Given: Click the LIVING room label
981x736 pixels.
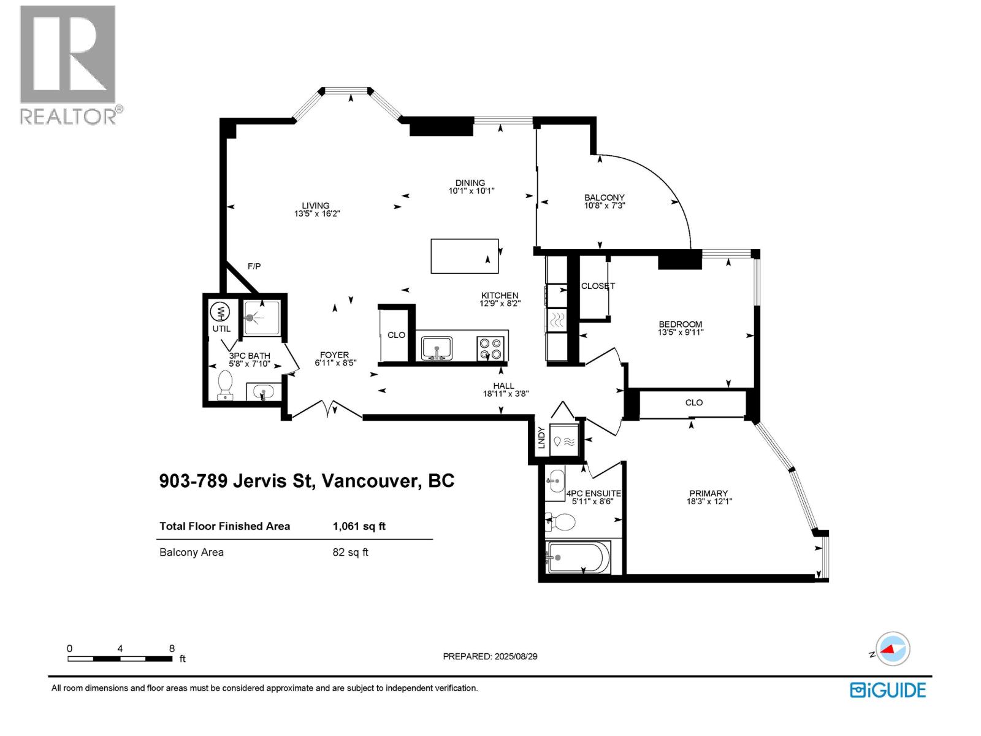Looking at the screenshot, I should [316, 205].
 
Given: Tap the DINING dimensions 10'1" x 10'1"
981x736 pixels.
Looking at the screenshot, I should [471, 191].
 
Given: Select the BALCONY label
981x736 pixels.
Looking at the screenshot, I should [604, 197].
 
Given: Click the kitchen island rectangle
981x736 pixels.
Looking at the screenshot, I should [464, 256].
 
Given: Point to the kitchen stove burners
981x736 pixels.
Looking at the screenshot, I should [491, 349].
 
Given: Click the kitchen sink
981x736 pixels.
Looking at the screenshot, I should [437, 348].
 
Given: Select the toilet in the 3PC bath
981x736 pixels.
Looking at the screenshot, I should [226, 385].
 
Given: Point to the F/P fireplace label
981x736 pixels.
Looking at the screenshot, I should [254, 266].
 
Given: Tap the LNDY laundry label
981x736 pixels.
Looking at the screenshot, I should [541, 437].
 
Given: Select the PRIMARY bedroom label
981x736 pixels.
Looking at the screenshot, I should [708, 493].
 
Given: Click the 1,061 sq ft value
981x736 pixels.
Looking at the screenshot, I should [359, 526].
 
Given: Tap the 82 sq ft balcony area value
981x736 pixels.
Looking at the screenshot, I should [350, 552].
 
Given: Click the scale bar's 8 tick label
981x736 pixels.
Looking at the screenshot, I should [172, 648].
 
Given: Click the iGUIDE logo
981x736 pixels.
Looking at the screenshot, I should [887, 690].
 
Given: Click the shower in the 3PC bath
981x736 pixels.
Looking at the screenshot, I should [261, 318].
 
